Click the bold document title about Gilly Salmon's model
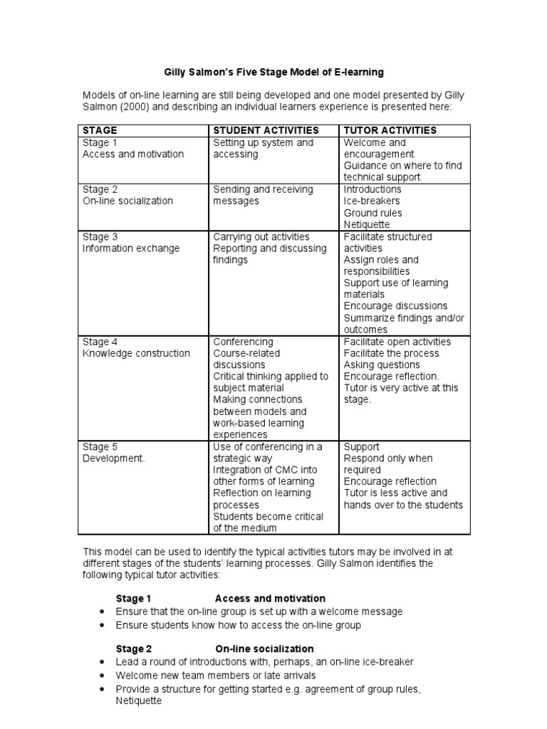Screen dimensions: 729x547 tap(274, 72)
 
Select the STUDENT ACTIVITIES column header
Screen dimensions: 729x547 tap(266, 130)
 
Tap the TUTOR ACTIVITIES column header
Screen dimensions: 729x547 tap(390, 130)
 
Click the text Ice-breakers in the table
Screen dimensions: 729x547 tap(372, 201)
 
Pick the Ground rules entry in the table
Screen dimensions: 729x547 tap(373, 213)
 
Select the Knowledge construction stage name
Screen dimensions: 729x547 tap(136, 353)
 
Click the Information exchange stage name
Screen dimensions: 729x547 tap(131, 248)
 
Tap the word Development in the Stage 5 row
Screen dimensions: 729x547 tap(113, 458)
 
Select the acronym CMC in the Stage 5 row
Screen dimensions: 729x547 tap(285, 470)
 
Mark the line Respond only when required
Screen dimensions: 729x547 tap(388, 464)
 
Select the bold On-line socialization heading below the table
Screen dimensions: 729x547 tap(264, 649)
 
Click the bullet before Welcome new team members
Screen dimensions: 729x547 tap(102, 675)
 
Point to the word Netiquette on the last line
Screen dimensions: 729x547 tap(139, 701)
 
